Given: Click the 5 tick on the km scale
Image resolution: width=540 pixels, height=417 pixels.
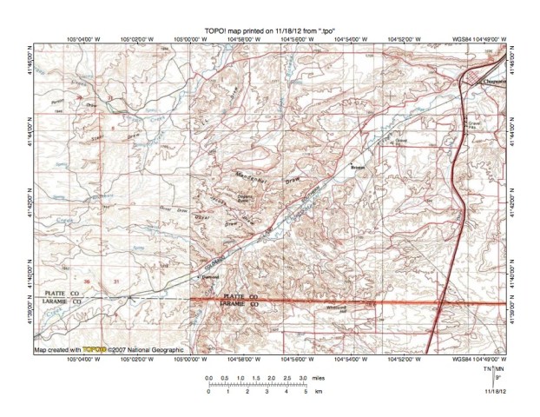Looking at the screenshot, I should pos(306,393).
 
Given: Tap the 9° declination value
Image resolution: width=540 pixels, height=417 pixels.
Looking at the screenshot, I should pos(497,377).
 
